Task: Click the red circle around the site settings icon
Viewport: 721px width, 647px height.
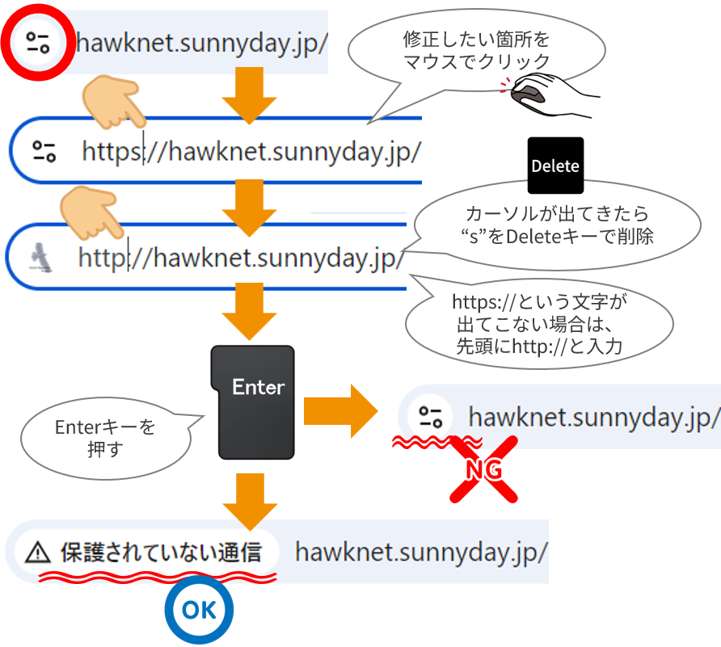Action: click(37, 41)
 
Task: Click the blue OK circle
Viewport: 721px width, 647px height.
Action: click(199, 611)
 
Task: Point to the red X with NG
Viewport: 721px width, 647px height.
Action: click(483, 468)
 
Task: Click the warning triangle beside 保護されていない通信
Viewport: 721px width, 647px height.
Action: click(37, 552)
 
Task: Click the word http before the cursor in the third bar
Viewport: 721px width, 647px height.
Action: click(102, 258)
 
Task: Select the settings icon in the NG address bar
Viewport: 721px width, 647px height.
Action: click(430, 418)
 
